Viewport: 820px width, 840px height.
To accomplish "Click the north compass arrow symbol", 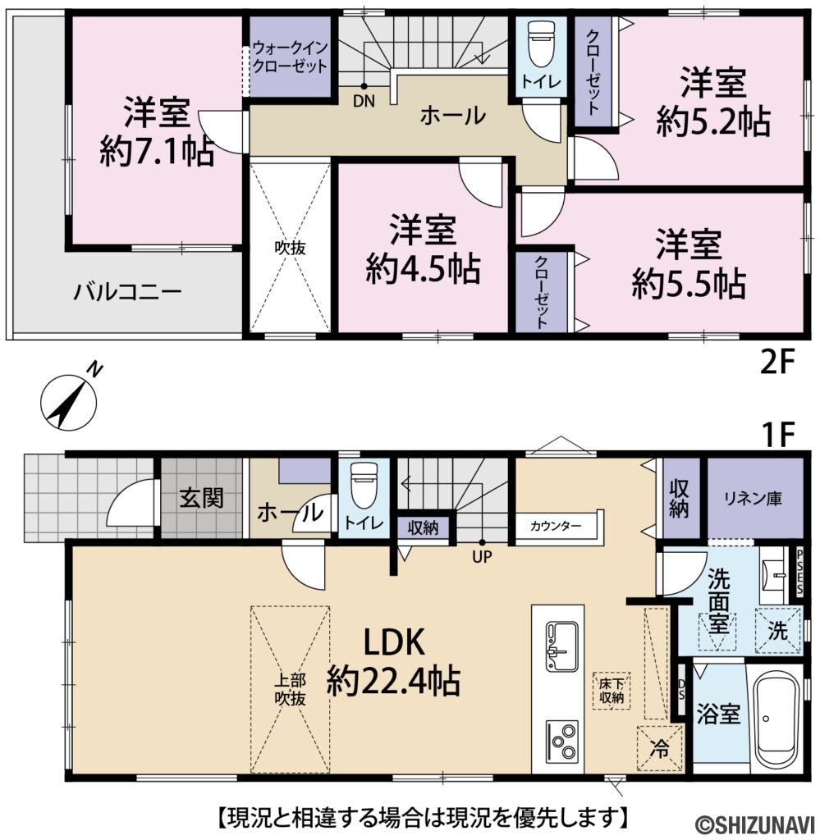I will click(69, 399).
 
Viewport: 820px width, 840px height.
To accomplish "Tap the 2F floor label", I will click(777, 362).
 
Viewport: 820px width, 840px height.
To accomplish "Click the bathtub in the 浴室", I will click(776, 718).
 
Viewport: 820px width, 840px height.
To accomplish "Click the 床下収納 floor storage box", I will click(611, 690).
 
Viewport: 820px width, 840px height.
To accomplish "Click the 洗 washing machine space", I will click(776, 632).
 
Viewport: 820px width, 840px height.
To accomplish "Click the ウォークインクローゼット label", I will click(290, 57).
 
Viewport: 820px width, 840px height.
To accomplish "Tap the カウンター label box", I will click(556, 525).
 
